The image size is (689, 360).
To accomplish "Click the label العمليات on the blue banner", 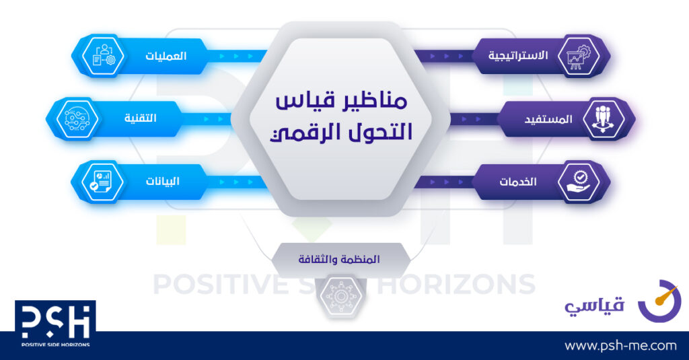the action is coord(166,57).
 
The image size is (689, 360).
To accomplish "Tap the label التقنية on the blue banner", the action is coord(141,118).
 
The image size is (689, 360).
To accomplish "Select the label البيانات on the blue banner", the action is coord(163,181).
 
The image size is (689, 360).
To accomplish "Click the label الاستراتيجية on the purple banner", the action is coord(518,56).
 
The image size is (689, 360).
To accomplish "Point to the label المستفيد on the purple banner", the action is coord(548,119).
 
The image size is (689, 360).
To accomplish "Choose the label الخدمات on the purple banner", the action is coord(518,182).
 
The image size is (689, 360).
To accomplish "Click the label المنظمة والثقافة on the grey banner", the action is coord(339,259).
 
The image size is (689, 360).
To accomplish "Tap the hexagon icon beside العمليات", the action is coord(103,57).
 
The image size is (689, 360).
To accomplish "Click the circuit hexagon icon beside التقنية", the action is coord(77,119).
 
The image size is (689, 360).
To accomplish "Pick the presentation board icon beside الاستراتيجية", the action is coord(579,57).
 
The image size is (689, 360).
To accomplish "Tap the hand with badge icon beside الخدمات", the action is coord(579,182).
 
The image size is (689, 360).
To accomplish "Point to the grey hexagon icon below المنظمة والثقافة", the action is coord(340,296).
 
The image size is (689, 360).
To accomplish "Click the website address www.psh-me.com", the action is coord(620,346).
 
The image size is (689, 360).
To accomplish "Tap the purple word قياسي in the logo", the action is coord(594,305).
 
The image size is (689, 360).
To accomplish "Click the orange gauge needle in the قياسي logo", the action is coord(667,295).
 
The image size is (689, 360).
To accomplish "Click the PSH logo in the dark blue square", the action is coord(55,324).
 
